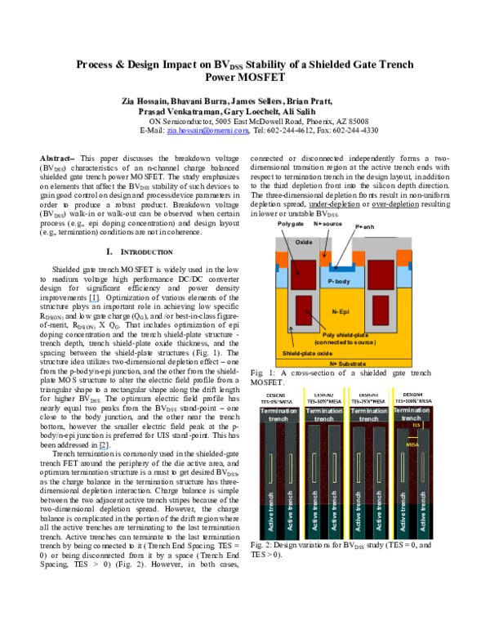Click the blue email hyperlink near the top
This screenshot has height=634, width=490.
(207, 130)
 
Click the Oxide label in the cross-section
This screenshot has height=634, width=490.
(304, 242)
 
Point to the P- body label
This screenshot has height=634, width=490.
(339, 281)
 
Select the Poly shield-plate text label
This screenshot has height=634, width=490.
(345, 335)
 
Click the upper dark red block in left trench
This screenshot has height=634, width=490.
(303, 274)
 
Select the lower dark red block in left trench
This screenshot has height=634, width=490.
(303, 310)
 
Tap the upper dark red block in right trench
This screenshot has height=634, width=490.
(381, 275)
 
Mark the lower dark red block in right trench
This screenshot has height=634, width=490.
(381, 310)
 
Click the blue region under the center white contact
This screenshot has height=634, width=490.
(342, 267)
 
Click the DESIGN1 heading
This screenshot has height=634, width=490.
(275, 395)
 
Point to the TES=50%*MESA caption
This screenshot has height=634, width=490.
(324, 402)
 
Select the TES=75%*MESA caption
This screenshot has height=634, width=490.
(368, 402)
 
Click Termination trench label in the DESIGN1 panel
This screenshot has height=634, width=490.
(279, 415)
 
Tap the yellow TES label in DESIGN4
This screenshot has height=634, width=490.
(416, 426)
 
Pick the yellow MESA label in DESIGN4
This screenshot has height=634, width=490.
(412, 444)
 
